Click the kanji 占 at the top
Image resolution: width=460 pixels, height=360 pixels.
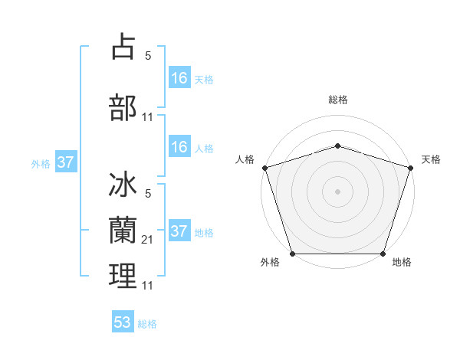pyautogui.click(x=123, y=47)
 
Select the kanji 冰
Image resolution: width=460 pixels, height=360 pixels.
pyautogui.click(x=123, y=186)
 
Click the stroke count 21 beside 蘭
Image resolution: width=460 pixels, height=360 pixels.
pyautogui.click(x=148, y=240)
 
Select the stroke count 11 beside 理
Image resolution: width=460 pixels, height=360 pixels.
pyautogui.click(x=148, y=285)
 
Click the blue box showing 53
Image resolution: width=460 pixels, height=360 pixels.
pyautogui.click(x=123, y=322)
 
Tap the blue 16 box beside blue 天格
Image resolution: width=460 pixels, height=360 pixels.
pyautogui.click(x=179, y=78)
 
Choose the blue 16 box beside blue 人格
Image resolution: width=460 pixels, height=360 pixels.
pyautogui.click(x=179, y=147)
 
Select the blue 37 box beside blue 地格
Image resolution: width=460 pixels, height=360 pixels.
pyautogui.click(x=179, y=231)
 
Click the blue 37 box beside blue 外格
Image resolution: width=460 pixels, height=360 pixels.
pyautogui.click(x=66, y=162)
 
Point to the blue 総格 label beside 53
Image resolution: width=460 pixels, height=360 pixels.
pyautogui.click(x=147, y=324)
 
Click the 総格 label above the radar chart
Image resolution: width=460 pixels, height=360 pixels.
pyautogui.click(x=337, y=100)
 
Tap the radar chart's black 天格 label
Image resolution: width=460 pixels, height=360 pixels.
pyautogui.click(x=431, y=159)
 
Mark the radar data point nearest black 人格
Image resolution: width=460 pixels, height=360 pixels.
pyautogui.click(x=264, y=168)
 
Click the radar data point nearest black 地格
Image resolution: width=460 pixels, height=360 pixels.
pyautogui.click(x=383, y=254)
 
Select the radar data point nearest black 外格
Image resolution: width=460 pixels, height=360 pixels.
pyautogui.click(x=292, y=254)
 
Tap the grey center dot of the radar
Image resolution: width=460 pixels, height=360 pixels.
pyautogui.click(x=337, y=191)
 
